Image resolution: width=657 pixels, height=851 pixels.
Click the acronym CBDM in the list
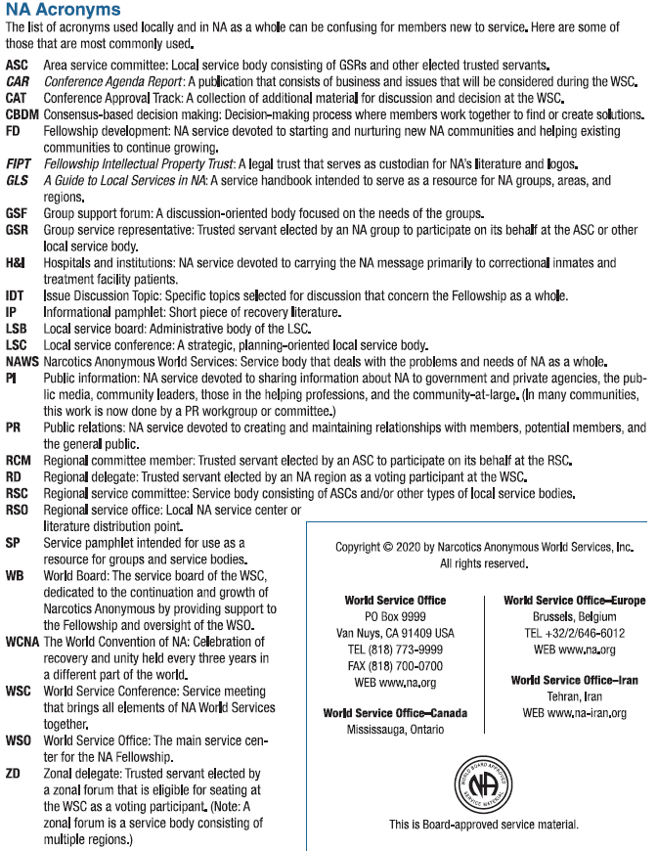pos(22,114)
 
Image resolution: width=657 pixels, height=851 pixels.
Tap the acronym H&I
pos(16,263)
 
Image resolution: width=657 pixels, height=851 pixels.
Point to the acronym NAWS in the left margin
pos(22,361)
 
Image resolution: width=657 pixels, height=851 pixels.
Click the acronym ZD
pos(14,773)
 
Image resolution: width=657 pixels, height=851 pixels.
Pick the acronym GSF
pos(17,213)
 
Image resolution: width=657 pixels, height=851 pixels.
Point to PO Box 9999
pos(395,617)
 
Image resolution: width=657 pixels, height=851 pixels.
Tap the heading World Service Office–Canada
pos(395,713)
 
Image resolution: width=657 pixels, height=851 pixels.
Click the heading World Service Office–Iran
pos(574,680)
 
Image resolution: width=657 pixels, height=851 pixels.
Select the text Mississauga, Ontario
pos(395,730)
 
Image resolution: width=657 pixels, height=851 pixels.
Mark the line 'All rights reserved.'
pos(484,564)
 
